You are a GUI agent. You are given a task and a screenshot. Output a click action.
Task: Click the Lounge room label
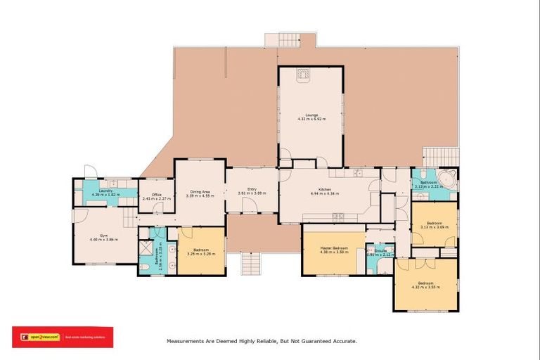point(311,114)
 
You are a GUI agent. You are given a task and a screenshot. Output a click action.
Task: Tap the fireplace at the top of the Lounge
point(303,73)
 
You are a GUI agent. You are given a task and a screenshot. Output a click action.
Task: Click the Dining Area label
point(200,191)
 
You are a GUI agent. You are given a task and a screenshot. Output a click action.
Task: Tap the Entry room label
point(251,188)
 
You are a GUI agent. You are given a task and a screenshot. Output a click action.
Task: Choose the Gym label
point(103,236)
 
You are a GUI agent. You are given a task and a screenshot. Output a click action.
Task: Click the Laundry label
point(106,191)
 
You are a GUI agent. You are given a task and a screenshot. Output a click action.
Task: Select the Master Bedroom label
point(335,248)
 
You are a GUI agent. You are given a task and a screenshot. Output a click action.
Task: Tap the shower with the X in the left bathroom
point(146,247)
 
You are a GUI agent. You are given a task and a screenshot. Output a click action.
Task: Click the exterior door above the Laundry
point(89,172)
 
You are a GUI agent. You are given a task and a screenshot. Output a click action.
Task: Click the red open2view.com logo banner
point(63,337)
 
